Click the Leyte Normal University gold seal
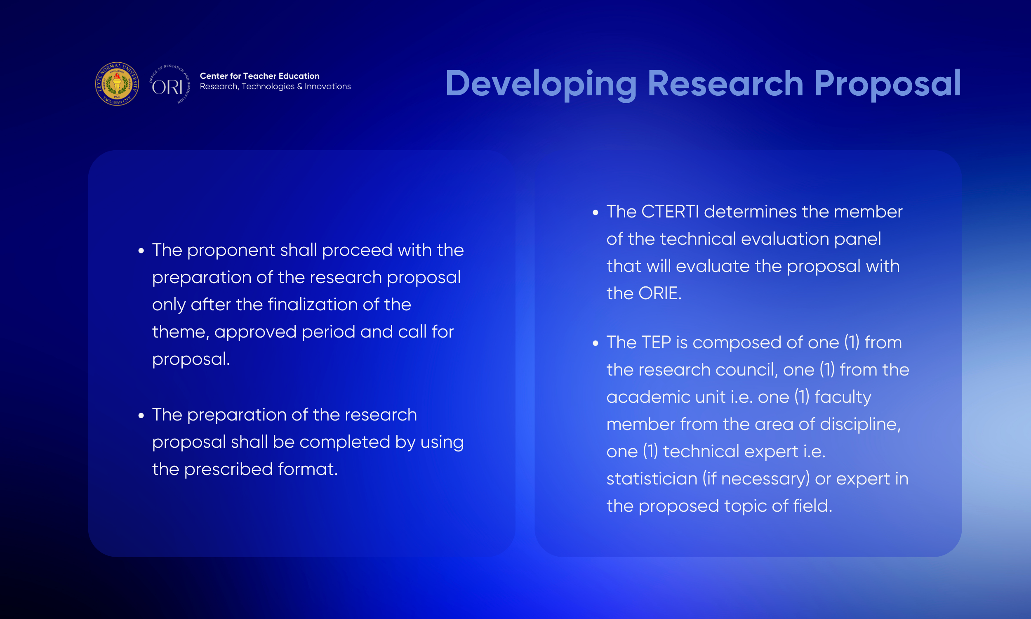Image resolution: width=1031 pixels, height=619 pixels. pos(117,84)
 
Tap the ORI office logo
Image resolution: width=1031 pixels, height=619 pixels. pos(169,84)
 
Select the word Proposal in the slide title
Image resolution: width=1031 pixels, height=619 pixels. pos(887,85)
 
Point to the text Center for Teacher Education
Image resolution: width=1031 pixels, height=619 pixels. pos(260,76)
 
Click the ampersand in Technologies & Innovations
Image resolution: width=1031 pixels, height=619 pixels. pos(300,86)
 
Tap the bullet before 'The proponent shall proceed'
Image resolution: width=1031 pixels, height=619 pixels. pos(141,250)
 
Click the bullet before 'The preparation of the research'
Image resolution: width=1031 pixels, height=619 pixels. pos(141,416)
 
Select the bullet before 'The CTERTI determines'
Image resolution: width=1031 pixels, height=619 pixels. pos(596,213)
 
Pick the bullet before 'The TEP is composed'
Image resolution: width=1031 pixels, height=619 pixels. pos(596,343)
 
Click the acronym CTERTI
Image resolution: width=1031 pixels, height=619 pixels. pos(670,212)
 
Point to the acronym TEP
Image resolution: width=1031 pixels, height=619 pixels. pos(656,343)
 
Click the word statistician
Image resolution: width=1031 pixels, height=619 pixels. pos(652,479)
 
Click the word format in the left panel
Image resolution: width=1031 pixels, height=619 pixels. pos(308,469)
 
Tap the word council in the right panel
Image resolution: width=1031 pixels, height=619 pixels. pos(747,370)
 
